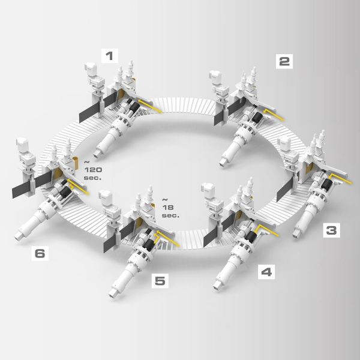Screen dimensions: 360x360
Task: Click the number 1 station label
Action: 110,56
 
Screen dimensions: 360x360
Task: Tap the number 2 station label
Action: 284,61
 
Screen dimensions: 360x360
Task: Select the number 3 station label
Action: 331,230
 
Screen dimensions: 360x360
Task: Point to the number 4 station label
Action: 266,272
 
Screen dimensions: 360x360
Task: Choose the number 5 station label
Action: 160,281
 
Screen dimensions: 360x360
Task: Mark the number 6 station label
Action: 40,253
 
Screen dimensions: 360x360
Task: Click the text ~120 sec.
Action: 93,170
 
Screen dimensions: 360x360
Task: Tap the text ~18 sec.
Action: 170,208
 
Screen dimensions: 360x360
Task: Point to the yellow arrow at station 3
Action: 340,178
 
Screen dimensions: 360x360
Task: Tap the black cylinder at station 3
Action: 327,184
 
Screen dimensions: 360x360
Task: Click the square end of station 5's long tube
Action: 113,293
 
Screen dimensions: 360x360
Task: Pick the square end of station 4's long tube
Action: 217,286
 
